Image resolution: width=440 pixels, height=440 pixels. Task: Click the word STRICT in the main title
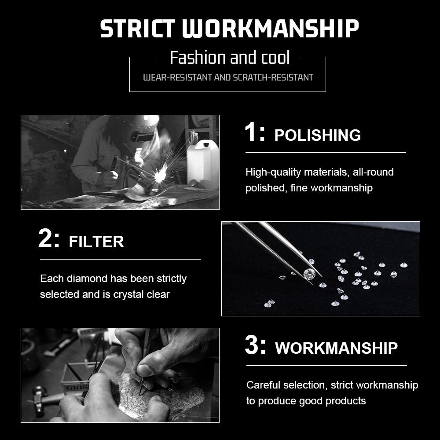[x=138, y=28]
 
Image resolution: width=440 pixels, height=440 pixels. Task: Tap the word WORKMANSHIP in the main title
[x=271, y=28]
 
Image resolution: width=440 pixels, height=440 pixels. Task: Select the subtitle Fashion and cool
[x=230, y=58]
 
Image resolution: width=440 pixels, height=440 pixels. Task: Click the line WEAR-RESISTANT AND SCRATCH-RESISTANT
[x=228, y=77]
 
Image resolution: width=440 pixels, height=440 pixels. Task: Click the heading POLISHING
[x=317, y=135]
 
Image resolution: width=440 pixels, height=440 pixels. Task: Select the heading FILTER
[x=96, y=242]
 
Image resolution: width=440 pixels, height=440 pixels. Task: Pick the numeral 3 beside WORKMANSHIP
[x=252, y=345]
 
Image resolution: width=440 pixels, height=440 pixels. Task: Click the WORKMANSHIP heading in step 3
[x=336, y=348]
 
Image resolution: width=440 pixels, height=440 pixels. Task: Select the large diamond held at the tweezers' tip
[x=309, y=274]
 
